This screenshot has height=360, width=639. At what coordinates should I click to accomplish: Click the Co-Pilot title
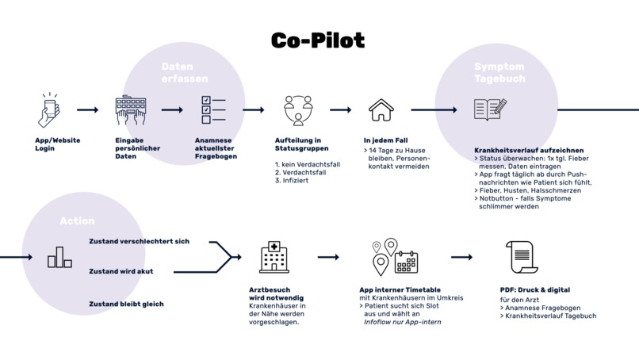(318, 39)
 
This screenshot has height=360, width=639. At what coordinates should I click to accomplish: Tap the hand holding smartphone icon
(50, 109)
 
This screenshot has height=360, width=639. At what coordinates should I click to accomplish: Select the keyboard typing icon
(130, 110)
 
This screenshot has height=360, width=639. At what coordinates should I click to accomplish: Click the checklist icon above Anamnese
(213, 109)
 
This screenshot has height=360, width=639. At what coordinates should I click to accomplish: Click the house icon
(381, 110)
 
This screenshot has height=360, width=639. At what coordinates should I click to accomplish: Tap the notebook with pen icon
(491, 109)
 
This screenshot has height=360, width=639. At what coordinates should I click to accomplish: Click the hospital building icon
(274, 257)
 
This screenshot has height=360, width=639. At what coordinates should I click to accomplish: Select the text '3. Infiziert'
(292, 181)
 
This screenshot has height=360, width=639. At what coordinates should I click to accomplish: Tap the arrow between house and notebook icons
(434, 110)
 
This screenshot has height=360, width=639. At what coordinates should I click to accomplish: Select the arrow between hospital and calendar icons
(328, 257)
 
